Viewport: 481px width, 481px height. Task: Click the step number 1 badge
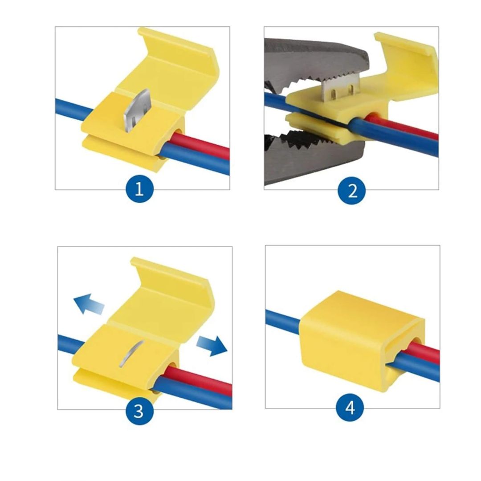pyautogui.click(x=139, y=190)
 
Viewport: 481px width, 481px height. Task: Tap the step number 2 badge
pyautogui.click(x=352, y=191)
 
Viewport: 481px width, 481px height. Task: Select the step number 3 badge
pyautogui.click(x=139, y=410)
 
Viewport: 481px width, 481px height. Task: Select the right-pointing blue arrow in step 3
pyautogui.click(x=211, y=346)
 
